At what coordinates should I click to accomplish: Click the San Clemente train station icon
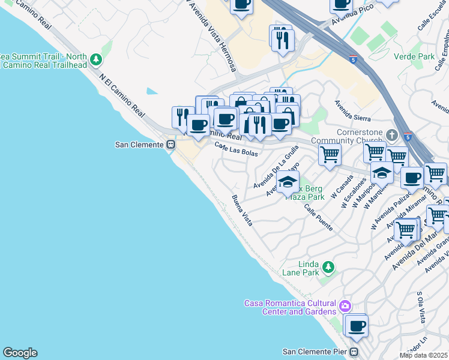(x=171, y=145)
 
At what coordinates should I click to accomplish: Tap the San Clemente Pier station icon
(x=354, y=352)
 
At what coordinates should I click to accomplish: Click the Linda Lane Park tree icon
(x=328, y=266)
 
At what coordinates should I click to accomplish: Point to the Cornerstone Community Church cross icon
(x=391, y=134)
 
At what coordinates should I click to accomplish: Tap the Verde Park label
(x=414, y=56)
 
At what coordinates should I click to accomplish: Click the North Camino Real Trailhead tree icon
(x=96, y=60)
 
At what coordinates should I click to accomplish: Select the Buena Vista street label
(x=243, y=211)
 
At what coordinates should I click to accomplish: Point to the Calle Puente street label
(x=318, y=218)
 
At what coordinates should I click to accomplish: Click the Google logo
(x=20, y=353)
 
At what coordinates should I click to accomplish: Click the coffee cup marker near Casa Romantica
(x=357, y=326)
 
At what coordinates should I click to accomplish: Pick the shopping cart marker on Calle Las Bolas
(x=330, y=154)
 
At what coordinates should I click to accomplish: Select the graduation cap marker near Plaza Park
(x=288, y=181)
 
